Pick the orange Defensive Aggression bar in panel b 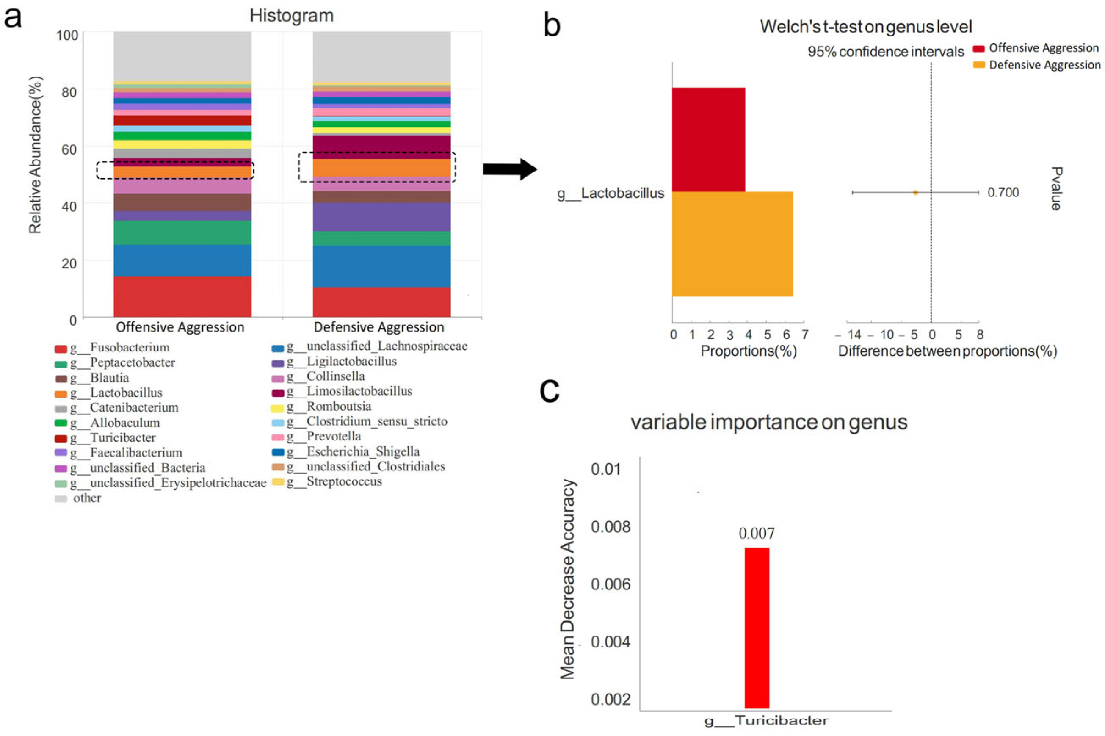(732, 244)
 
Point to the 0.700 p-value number (1003, 192)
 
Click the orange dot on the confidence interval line (915, 192)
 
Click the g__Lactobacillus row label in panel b (611, 194)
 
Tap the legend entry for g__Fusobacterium (120, 348)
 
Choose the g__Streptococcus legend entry (335, 481)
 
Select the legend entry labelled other (87, 498)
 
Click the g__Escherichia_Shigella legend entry (354, 451)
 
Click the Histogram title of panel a (291, 16)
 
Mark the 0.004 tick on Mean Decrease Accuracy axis (611, 642)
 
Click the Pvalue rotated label (1056, 189)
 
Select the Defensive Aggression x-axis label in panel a (378, 327)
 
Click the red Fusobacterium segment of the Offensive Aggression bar (182, 297)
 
